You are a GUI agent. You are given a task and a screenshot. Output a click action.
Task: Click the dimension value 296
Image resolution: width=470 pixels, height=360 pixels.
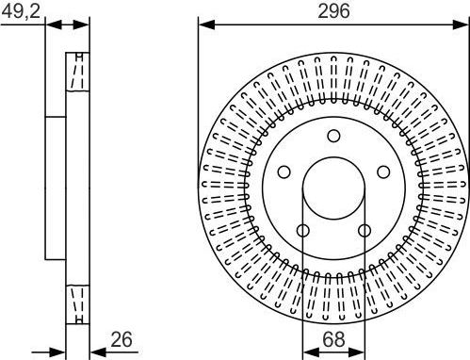pyautogui.click(x=333, y=11)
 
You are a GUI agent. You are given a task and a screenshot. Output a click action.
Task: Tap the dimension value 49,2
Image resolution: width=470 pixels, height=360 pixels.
pyautogui.click(x=21, y=11)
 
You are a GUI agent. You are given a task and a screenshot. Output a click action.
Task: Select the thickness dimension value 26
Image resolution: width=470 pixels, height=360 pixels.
pyautogui.click(x=122, y=339)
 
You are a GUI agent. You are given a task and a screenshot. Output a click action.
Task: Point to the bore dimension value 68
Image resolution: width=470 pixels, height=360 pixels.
pyautogui.click(x=333, y=339)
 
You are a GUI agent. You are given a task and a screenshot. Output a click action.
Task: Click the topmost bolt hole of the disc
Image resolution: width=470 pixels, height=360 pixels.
pyautogui.click(x=333, y=136)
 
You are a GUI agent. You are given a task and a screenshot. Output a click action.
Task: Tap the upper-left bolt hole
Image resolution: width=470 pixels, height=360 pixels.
pyautogui.click(x=284, y=172)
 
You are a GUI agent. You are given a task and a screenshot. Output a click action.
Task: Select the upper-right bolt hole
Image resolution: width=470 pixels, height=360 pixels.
pyautogui.click(x=383, y=172)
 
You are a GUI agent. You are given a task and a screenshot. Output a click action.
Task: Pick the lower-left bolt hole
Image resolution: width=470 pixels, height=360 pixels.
pyautogui.click(x=303, y=231)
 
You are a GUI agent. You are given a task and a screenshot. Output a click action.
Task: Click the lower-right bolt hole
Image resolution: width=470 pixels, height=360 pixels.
pyautogui.click(x=365, y=231)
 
